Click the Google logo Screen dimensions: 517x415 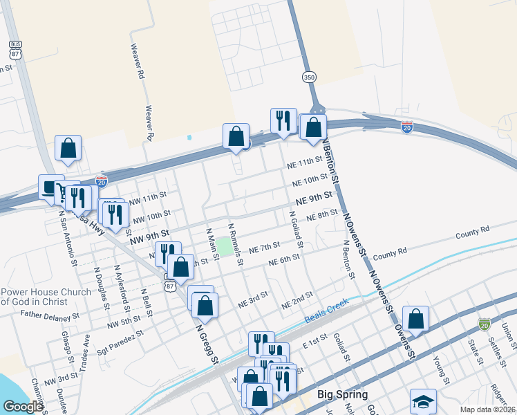tap(22, 407)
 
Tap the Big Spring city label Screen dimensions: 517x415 tap(340, 394)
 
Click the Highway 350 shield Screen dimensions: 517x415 tap(308, 77)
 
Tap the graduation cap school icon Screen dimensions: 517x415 tap(423, 402)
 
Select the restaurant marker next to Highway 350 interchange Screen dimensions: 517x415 tap(283, 120)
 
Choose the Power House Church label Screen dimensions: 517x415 tap(45, 297)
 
